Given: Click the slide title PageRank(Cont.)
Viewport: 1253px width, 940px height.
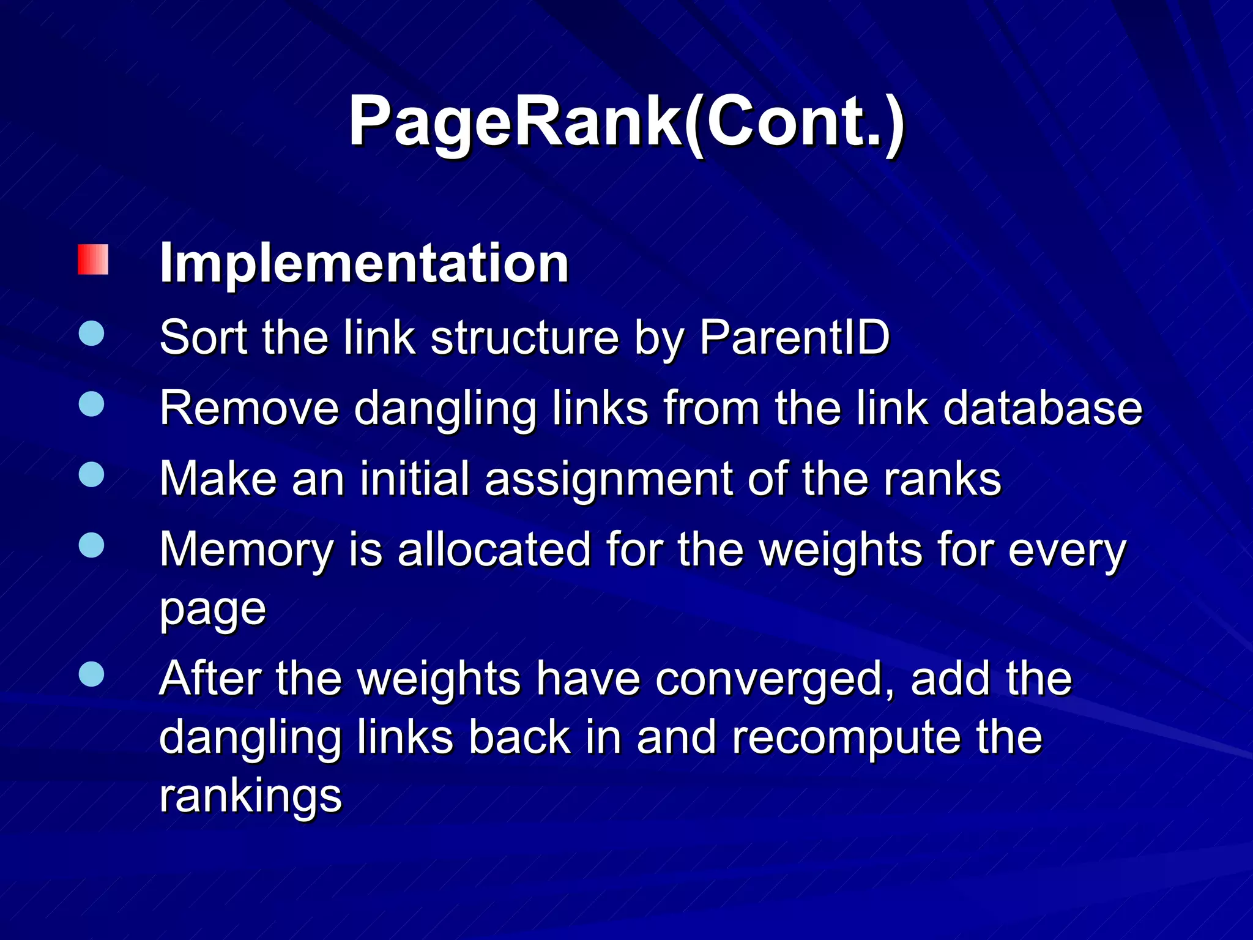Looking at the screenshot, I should click(626, 122).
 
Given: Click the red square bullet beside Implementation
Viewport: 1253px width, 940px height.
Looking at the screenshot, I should click(93, 259).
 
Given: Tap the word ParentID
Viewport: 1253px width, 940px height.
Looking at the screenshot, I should click(794, 337).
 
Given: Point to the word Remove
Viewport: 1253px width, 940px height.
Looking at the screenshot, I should click(249, 408).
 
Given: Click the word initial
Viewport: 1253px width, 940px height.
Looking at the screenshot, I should click(415, 479).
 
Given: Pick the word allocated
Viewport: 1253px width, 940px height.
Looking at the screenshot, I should click(494, 549).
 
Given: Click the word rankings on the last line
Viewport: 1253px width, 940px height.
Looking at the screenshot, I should click(250, 797).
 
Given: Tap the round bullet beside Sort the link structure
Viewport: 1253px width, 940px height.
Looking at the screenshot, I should click(92, 334).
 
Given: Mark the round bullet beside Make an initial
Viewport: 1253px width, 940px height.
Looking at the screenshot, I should click(92, 475).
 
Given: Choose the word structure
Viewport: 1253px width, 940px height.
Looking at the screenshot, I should click(524, 337).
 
